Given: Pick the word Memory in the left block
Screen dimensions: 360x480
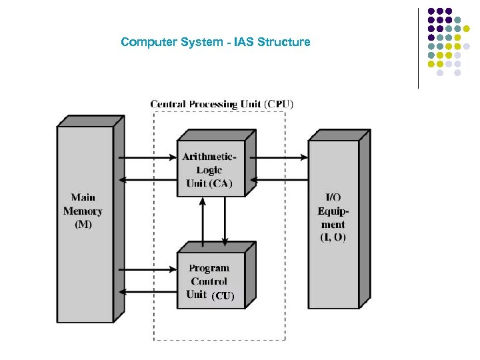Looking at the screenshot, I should [x=83, y=211].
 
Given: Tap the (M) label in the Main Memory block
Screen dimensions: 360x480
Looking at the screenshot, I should [x=83, y=224].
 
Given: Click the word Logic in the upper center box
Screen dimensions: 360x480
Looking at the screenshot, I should [x=209, y=170].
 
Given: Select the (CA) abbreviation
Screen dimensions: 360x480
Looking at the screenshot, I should [x=221, y=183].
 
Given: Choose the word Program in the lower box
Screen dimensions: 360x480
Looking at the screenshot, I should [x=209, y=268].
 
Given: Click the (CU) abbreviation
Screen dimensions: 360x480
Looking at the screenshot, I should [x=223, y=295].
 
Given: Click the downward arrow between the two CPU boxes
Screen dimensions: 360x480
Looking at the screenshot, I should [x=225, y=220].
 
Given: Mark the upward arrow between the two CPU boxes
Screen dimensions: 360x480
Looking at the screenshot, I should [x=202, y=220].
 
